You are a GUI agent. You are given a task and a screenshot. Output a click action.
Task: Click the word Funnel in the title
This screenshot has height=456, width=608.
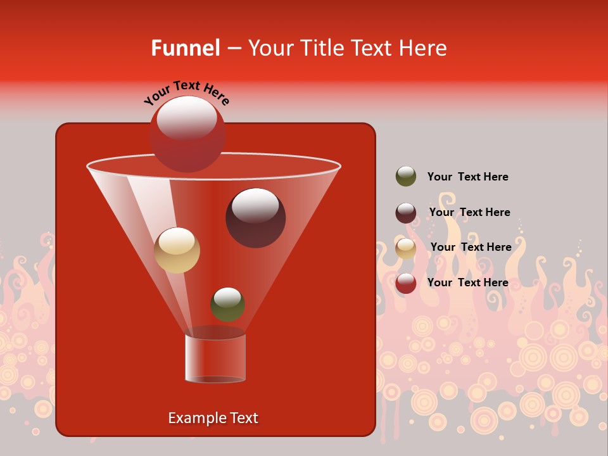pyautogui.click(x=185, y=48)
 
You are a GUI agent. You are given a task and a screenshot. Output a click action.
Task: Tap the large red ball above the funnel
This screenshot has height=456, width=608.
pyautogui.click(x=187, y=134)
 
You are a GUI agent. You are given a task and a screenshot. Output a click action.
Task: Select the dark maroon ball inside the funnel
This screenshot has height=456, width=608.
pyautogui.click(x=255, y=218)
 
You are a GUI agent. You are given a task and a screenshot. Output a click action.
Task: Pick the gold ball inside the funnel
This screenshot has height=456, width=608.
pyautogui.click(x=177, y=250)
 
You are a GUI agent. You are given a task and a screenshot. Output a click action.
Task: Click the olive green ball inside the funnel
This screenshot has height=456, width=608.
pyautogui.click(x=227, y=305)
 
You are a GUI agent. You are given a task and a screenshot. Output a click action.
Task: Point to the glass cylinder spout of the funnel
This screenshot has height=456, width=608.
pyautogui.click(x=215, y=358)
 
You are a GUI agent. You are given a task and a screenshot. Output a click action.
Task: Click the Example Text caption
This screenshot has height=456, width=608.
pyautogui.click(x=213, y=418)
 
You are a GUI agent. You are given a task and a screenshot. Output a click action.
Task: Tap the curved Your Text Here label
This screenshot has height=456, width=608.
pyautogui.click(x=187, y=92)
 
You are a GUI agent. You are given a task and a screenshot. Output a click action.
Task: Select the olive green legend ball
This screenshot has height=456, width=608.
pyautogui.click(x=406, y=177)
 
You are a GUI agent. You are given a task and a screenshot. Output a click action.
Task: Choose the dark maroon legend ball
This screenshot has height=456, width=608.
pyautogui.click(x=406, y=213)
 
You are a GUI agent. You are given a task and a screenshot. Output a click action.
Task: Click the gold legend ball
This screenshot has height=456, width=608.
pyautogui.click(x=406, y=248)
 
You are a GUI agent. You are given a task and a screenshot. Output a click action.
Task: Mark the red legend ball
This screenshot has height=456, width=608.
pyautogui.click(x=406, y=283)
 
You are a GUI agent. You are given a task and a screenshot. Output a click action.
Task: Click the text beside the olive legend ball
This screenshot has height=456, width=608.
pyautogui.click(x=467, y=177)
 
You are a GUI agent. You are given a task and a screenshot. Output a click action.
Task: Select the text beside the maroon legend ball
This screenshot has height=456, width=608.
pyautogui.click(x=469, y=212)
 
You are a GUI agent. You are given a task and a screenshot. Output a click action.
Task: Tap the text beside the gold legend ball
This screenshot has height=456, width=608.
pyautogui.click(x=471, y=247)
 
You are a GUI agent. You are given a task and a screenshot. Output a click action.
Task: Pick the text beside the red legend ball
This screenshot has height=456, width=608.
pyautogui.click(x=467, y=282)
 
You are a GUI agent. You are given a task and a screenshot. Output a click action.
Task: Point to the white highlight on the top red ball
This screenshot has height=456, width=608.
pyautogui.click(x=186, y=117)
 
